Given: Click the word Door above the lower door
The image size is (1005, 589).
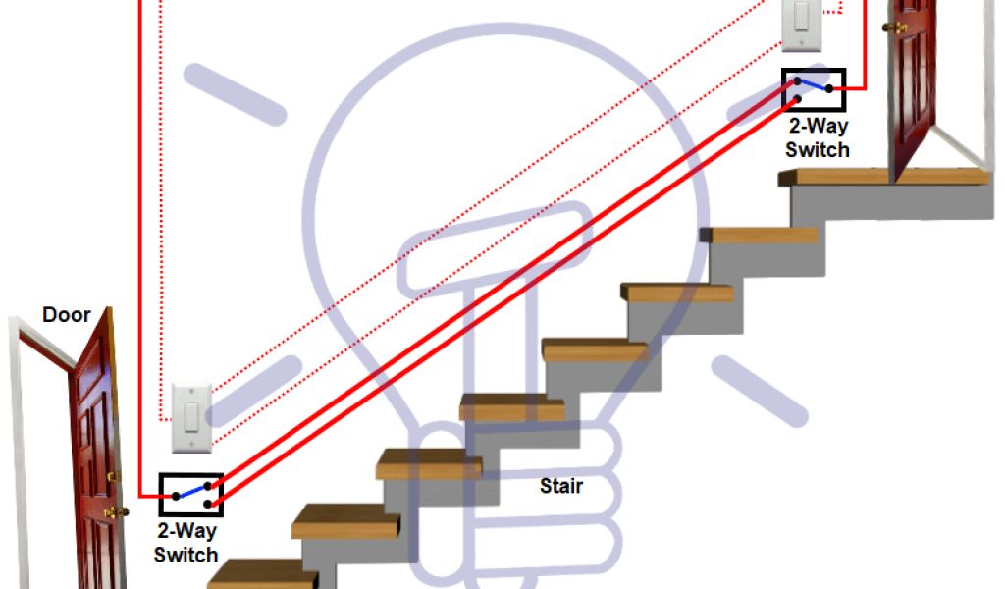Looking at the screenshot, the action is (66, 315).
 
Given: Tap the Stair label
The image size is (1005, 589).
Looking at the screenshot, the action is (561, 486).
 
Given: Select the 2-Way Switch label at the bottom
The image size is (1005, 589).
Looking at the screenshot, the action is (185, 543).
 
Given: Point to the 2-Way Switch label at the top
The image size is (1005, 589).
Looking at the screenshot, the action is (817, 138).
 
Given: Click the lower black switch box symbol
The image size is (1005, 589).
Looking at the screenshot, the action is (190, 495).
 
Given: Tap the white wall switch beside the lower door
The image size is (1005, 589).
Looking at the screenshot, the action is (192, 417).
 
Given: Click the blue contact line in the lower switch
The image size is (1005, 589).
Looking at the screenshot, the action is (191, 490).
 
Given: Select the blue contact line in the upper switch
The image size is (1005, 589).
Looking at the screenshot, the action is (814, 84).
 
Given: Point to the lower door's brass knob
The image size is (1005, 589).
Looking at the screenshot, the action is (117, 511).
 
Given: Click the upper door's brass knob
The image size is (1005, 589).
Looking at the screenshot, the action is (892, 27).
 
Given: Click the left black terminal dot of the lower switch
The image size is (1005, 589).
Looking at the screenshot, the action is (175, 496).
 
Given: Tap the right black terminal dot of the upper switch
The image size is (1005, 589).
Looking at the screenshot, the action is (829, 89).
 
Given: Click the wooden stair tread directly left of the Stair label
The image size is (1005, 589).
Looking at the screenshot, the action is (429, 464).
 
